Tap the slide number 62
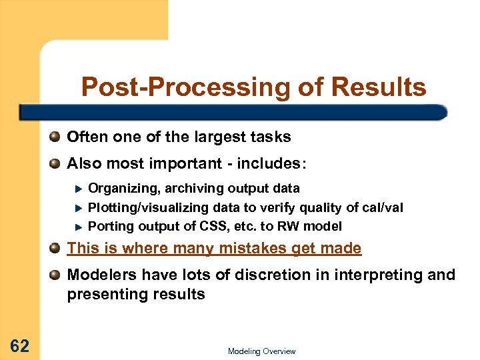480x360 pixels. [19, 345]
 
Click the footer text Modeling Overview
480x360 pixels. [261, 351]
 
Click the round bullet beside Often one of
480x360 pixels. [55, 137]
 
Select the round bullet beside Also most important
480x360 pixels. [55, 163]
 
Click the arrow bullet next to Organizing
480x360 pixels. [77, 189]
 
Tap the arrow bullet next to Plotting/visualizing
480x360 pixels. [77, 207]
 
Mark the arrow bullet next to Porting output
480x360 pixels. [77, 226]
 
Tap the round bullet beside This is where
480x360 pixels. [55, 249]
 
